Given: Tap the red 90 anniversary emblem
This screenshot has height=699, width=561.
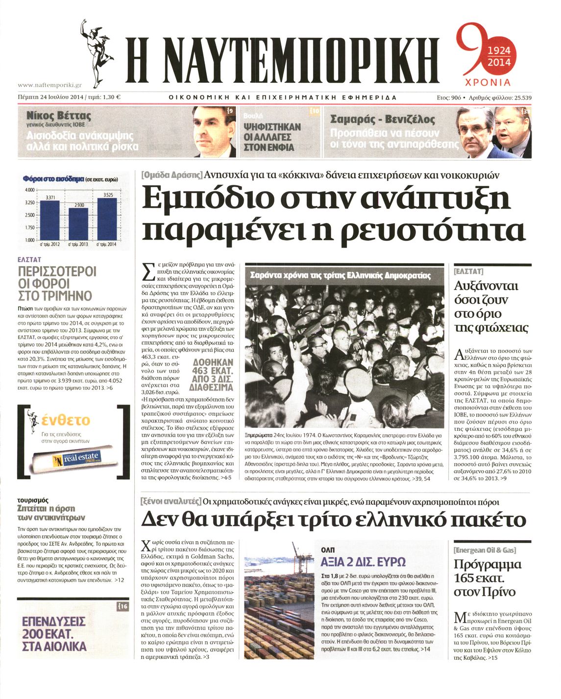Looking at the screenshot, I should coord(484,54).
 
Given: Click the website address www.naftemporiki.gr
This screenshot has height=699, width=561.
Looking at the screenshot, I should coord(49,85).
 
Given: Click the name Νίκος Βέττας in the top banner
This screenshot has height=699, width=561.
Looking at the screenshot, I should coord(59,116).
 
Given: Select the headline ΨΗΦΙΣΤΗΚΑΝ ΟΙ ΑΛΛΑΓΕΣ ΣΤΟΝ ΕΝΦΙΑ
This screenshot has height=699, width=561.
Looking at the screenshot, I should coord(272,137).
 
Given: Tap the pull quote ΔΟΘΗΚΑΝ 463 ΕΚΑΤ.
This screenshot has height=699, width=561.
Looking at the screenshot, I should coord(213,375).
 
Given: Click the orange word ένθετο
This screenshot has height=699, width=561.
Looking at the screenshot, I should coord(66,420).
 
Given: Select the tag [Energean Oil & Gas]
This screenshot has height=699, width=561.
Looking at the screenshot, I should coord(485,550).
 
